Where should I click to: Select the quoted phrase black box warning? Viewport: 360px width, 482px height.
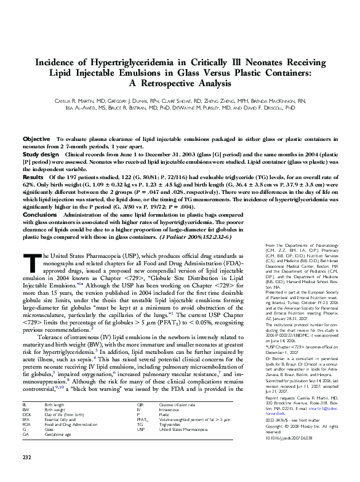tap(106, 387)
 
